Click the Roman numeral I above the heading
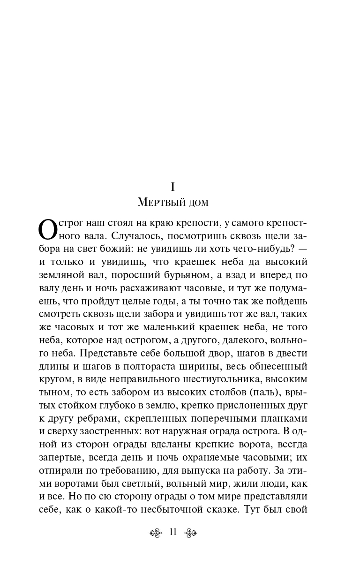click(x=173, y=187)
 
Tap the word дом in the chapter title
click(x=196, y=203)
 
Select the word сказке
click(x=222, y=509)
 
